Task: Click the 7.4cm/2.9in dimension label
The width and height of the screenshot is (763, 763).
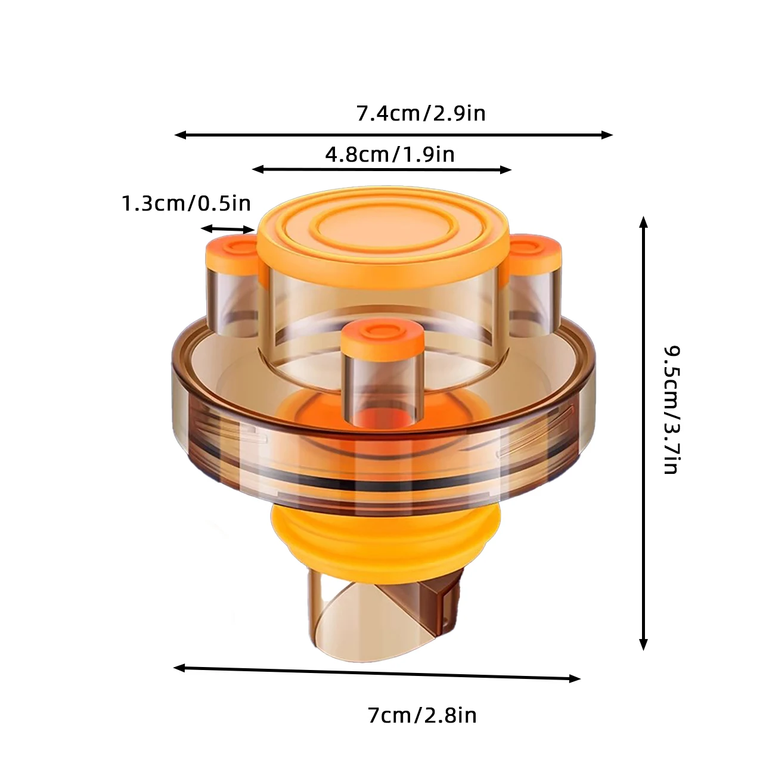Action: pos(421,113)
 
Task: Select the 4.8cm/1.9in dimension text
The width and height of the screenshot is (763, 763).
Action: pos(390,154)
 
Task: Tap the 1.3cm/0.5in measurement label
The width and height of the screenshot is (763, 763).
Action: pos(187,204)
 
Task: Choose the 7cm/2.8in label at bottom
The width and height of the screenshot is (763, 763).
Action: pos(422,715)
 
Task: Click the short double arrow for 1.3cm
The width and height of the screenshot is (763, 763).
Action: pos(227,229)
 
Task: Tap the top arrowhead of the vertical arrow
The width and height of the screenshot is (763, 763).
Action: pos(643,222)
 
